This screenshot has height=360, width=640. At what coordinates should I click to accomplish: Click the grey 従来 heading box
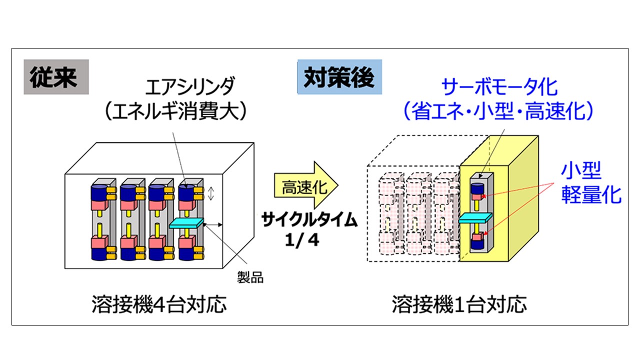(x=56, y=77)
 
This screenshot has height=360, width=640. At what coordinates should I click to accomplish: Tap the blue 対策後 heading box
(x=339, y=77)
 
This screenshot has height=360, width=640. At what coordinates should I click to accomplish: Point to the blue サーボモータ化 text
(x=499, y=88)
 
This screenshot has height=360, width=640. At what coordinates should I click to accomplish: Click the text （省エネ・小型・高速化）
(x=498, y=111)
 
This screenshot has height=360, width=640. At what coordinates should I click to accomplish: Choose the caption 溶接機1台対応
(x=459, y=304)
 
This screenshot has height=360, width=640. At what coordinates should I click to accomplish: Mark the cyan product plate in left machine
(x=188, y=224)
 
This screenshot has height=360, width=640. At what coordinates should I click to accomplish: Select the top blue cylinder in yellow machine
(x=477, y=188)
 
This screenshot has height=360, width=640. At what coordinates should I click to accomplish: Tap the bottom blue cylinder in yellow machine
(x=477, y=245)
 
